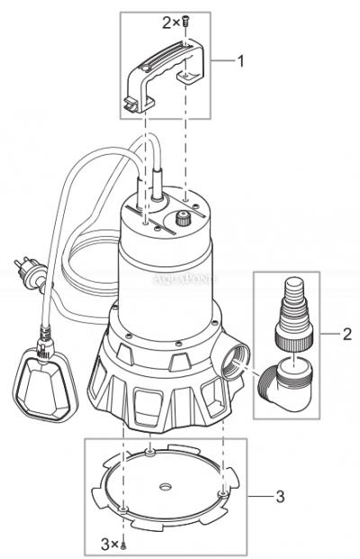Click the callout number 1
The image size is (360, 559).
pos(240,61)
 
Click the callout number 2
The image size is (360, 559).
pos(347,335)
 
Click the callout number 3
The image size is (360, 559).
pos(282,494)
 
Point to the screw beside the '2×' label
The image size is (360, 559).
pos(184,21)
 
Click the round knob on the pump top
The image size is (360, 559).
pos(184,219)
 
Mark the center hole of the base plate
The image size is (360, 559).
pos(166,485)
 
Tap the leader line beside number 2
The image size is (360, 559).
pos(328,335)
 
